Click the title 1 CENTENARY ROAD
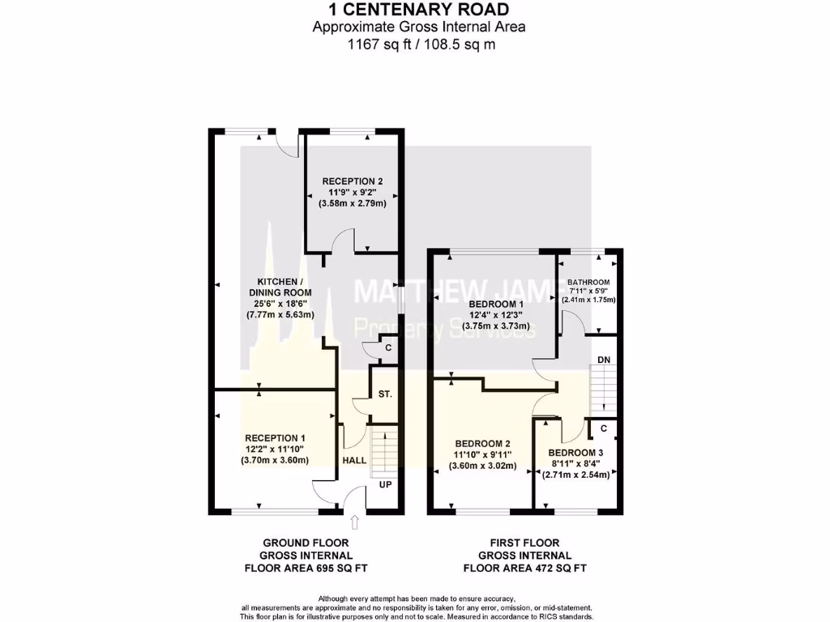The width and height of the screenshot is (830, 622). (419, 10)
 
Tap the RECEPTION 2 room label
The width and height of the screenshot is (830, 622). (352, 181)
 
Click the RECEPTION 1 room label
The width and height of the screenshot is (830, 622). (274, 437)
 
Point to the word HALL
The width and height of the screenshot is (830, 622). (354, 460)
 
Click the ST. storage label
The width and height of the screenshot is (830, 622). (385, 394)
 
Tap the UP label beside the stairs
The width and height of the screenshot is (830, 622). (386, 484)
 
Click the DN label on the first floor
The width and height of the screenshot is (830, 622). (603, 359)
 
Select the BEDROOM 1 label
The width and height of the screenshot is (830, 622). (496, 303)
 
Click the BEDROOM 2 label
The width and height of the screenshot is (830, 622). (482, 443)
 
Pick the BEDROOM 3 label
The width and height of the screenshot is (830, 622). (575, 453)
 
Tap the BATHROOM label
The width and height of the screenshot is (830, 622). (588, 283)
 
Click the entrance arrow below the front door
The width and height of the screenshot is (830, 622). (354, 526)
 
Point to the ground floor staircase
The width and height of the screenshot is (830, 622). (385, 450)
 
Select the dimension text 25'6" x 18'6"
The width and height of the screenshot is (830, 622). (280, 304)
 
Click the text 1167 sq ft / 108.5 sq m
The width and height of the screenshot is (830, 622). (419, 44)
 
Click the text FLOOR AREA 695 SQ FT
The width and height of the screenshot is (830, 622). (306, 569)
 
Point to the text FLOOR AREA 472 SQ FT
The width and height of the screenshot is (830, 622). (524, 569)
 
